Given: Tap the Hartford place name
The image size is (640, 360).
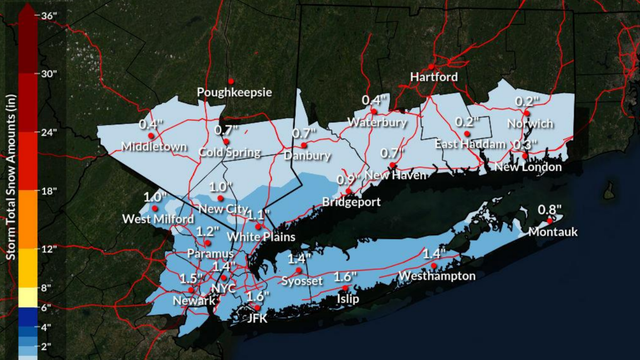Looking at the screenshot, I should (435, 77).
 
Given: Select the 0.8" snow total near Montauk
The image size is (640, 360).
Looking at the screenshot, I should (550, 210).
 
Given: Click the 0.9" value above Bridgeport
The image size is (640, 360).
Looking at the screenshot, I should (347, 179).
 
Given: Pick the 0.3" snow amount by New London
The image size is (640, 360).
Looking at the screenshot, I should (522, 145).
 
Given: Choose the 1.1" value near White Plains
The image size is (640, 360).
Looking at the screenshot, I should (257, 215).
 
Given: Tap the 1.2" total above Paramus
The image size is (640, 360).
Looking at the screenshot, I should (207, 231).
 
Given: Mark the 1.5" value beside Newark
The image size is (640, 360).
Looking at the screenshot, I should (190, 278).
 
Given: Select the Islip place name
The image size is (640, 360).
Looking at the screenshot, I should (347, 298).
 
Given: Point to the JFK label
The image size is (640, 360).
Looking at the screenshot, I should (258, 318).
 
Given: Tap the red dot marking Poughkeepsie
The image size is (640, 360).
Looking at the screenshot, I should (231, 79).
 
